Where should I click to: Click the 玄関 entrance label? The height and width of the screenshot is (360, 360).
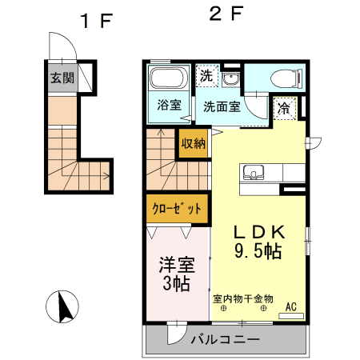(62, 78)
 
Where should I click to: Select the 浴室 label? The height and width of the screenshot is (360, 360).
(169, 106)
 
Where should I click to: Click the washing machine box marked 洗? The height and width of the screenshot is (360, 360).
(207, 77)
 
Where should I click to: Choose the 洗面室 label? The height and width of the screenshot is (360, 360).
(222, 106)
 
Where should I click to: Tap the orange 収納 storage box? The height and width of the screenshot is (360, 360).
(193, 143)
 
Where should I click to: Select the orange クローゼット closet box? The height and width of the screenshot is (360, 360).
(177, 210)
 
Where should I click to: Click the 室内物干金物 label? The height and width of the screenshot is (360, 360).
(243, 298)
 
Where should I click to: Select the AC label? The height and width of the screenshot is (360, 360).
(290, 306)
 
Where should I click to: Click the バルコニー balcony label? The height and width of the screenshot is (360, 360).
(225, 340)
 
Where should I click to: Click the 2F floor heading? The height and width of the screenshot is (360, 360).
(226, 14)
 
